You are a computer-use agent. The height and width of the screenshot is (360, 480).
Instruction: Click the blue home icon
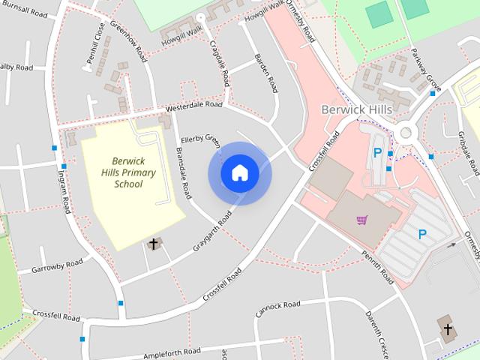[239, 172]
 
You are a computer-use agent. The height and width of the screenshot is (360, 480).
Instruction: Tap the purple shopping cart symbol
[362, 220]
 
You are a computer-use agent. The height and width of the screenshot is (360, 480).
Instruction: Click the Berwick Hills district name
[357, 109]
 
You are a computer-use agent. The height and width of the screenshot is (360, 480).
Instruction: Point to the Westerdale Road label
[194, 108]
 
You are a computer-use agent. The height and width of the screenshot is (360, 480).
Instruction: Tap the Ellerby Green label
[201, 140]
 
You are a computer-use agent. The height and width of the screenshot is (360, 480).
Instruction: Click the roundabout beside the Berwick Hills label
[406, 133]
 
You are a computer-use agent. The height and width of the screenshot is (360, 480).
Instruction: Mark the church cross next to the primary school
[154, 243]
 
